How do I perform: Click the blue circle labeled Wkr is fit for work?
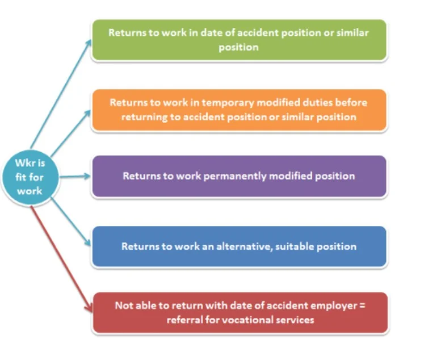(x=30, y=177)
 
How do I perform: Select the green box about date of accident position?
(x=239, y=40)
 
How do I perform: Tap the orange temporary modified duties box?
(x=239, y=110)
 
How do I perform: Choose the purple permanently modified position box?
(x=239, y=176)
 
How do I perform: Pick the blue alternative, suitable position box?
(x=239, y=246)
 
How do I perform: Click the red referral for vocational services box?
(x=239, y=312)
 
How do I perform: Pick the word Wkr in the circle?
(x=25, y=164)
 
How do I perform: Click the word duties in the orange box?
(x=303, y=103)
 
